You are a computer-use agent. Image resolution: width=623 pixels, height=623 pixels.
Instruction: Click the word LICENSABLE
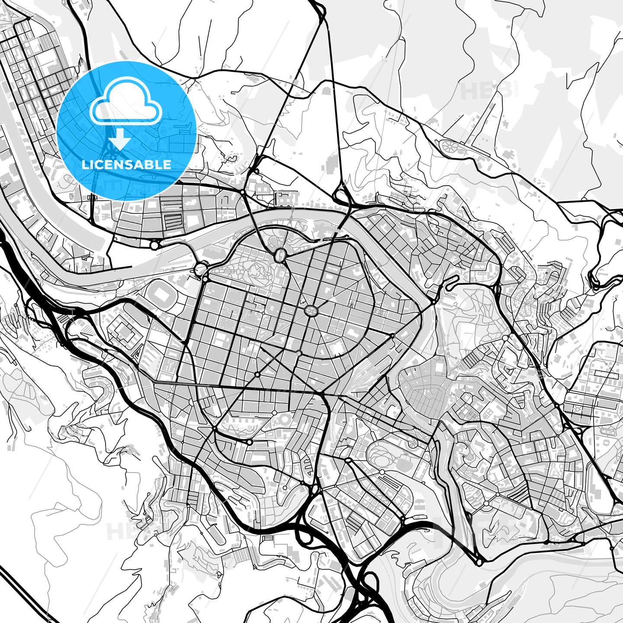click(x=126, y=165)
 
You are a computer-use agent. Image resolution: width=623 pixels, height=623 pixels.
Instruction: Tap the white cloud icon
click(x=125, y=102)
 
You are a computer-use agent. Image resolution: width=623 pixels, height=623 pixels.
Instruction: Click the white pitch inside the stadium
click(x=162, y=295)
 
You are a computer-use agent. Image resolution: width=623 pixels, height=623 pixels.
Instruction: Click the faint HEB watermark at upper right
click(x=480, y=90)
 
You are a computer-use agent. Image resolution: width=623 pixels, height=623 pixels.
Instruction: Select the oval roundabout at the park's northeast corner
click(x=280, y=255)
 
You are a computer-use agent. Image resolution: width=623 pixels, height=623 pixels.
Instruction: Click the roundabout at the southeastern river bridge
click(x=479, y=562)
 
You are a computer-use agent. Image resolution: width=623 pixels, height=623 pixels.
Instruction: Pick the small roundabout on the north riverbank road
click(x=154, y=245)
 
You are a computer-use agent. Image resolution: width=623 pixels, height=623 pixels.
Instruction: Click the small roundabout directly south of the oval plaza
click(x=299, y=353)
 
